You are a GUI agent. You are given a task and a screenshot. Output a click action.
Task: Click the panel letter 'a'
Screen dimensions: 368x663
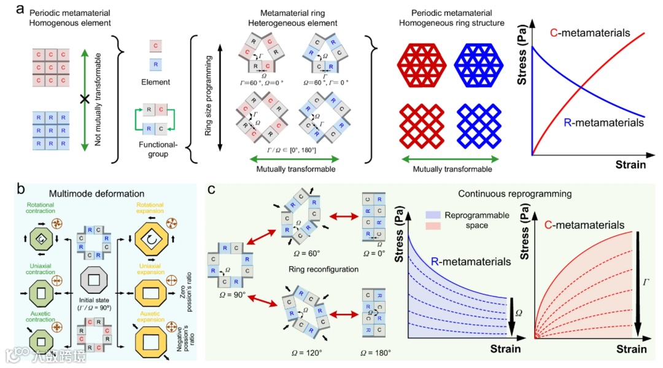pyautogui.click(x=21, y=9)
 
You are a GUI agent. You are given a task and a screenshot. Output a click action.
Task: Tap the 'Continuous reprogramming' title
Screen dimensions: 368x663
pyautogui.click(x=514, y=194)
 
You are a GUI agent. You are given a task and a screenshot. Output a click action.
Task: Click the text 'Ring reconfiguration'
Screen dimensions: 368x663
pyautogui.click(x=315, y=268)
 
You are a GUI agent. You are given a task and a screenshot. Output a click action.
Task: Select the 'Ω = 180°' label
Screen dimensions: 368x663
pyautogui.click(x=375, y=353)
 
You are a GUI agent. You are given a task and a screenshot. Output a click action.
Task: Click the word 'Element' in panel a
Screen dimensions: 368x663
pyautogui.click(x=156, y=81)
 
